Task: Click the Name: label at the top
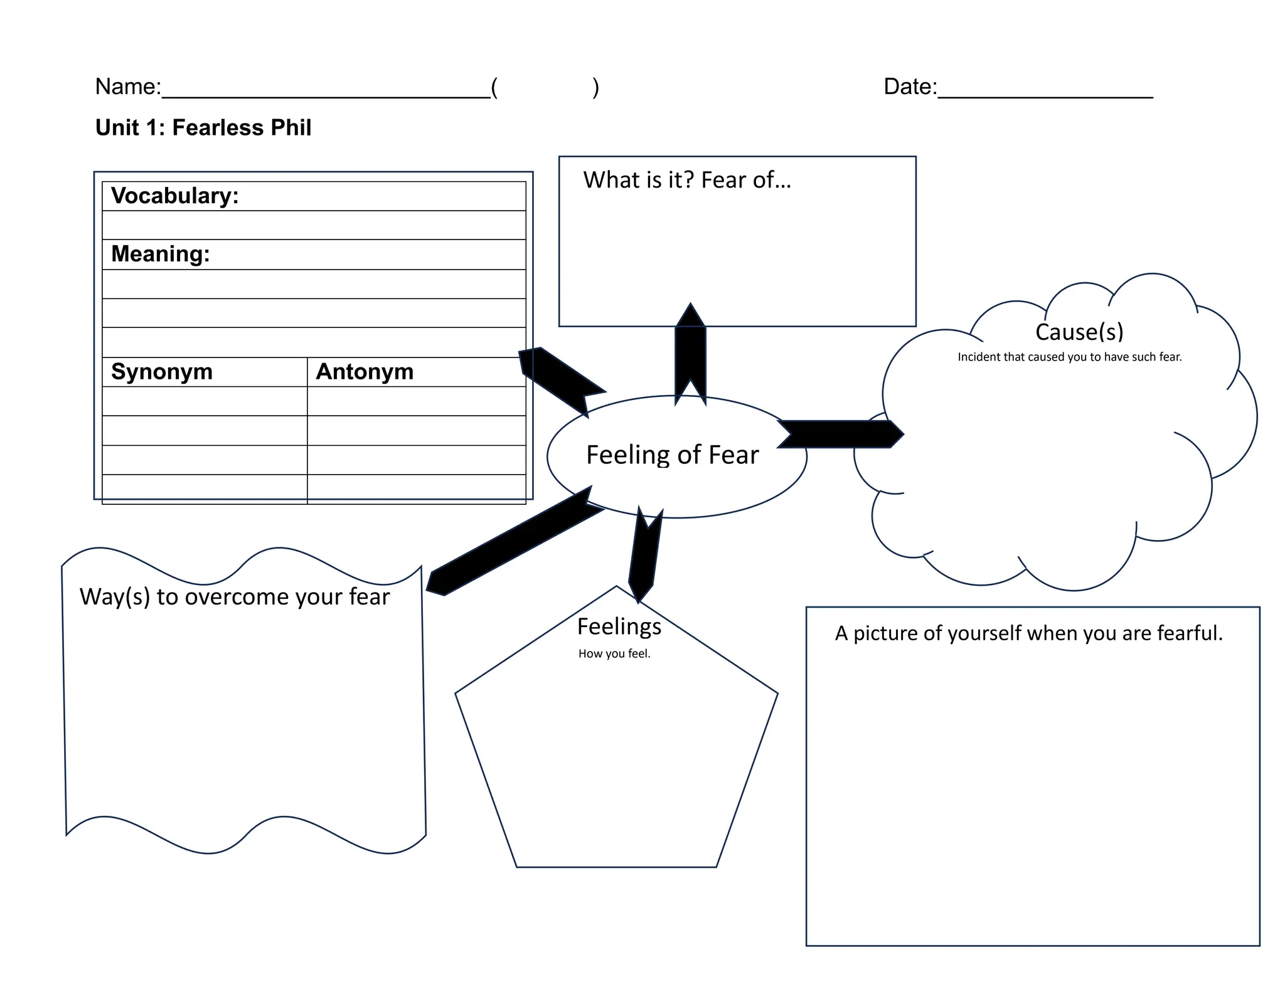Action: pos(127,87)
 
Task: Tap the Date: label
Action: pos(909,87)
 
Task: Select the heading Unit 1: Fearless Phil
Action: pos(203,127)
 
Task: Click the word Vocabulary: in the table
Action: pos(174,196)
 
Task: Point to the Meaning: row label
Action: pos(160,254)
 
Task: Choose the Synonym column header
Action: pos(161,372)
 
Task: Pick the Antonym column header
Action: pos(364,372)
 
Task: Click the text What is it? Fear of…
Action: pos(686,181)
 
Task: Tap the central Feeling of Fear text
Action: pos(672,455)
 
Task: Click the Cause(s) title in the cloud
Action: pos(1079,332)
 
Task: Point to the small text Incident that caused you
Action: pos(1069,357)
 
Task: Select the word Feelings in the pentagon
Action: pos(619,626)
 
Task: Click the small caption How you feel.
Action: pos(614,654)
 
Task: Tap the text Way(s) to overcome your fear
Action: pos(234,597)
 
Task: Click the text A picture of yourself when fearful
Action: pos(1028,633)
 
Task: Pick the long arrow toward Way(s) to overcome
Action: pos(515,543)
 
